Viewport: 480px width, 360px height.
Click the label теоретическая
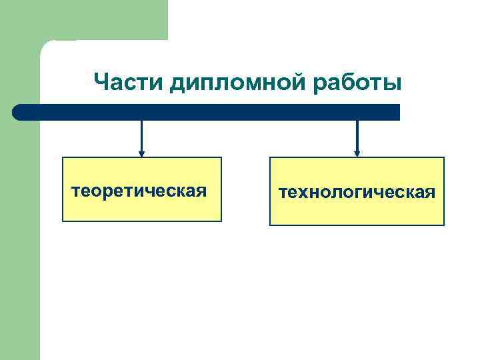click(139, 192)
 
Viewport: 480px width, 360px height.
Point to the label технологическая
click(357, 193)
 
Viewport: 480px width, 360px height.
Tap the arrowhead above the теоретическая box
click(141, 153)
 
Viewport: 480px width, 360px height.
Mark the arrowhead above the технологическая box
click(357, 153)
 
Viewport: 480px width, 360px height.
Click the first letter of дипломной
click(177, 85)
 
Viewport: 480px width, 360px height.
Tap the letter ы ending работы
click(393, 85)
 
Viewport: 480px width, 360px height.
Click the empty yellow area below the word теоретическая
click(141, 210)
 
